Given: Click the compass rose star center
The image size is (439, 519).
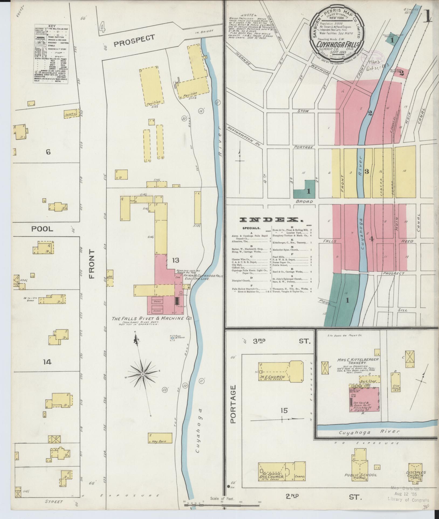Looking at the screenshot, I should pos(143,374).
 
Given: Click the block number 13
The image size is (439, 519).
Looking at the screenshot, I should pos(175,260).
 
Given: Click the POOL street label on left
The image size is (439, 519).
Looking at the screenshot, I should pos(42,229).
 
